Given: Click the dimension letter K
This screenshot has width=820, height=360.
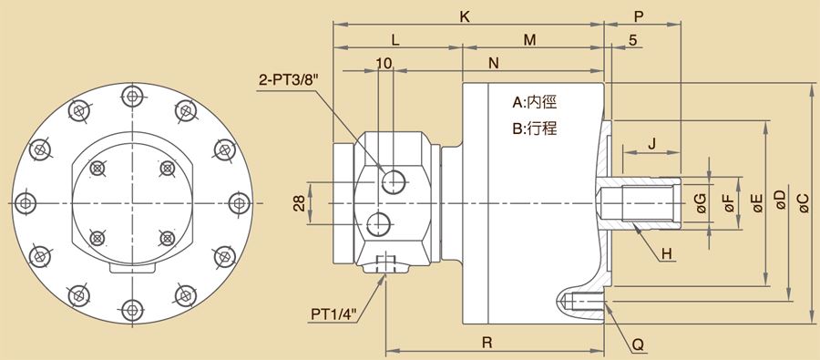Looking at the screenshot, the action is click(x=465, y=16).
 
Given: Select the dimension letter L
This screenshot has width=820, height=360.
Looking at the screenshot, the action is click(x=395, y=40).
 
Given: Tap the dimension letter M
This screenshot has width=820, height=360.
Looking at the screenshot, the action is click(x=530, y=40).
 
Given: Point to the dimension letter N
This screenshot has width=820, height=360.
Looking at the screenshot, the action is click(x=494, y=63).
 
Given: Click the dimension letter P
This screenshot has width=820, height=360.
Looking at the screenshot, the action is click(x=639, y=16).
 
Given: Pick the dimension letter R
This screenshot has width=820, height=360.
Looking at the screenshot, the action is click(x=487, y=343).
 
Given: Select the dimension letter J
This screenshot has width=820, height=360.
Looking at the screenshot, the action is click(x=651, y=144).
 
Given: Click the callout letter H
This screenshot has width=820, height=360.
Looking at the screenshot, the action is click(x=666, y=254).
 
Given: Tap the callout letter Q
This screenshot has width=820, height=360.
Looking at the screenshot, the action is click(x=638, y=345).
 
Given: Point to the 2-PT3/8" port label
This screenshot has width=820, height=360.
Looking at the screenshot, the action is click(x=289, y=80).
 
